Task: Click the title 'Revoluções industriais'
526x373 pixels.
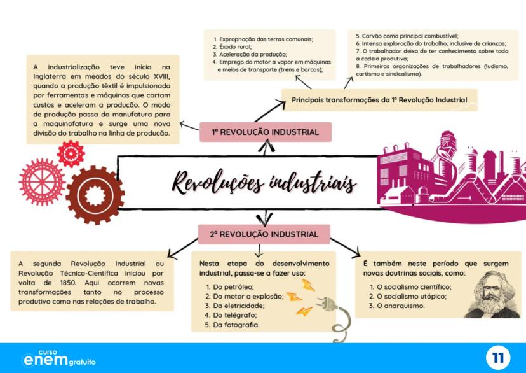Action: click(x=264, y=183)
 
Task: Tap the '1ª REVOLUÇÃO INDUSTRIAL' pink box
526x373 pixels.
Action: click(x=265, y=132)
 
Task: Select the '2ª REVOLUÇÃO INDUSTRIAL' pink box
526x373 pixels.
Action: click(x=264, y=234)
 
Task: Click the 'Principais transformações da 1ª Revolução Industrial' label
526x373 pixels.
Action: click(x=379, y=100)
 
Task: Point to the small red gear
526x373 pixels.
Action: click(x=71, y=153)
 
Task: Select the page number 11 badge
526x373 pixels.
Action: click(x=497, y=358)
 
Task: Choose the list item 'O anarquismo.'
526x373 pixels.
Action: click(x=400, y=306)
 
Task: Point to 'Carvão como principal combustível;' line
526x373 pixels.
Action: click(x=407, y=36)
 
